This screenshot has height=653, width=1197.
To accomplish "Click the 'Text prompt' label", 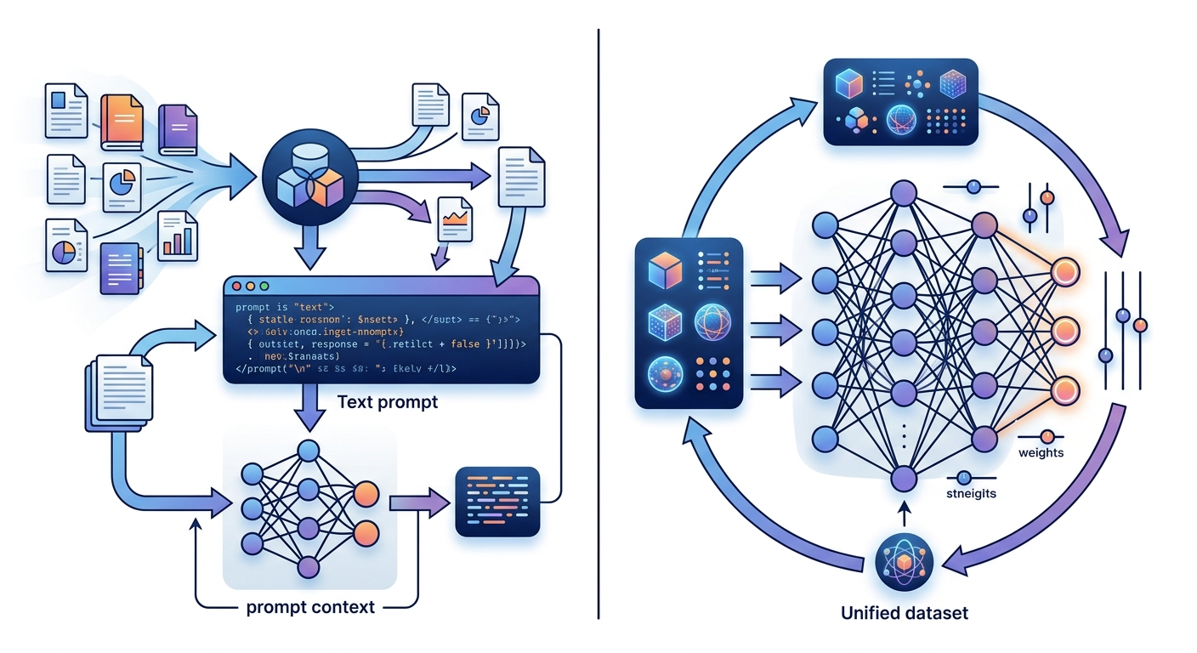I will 387,401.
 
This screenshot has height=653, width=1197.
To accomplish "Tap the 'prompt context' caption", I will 310,607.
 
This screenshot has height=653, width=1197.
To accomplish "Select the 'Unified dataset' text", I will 904,612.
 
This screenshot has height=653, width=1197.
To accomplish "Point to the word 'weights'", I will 1041,452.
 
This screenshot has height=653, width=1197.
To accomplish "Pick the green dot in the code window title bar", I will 264,287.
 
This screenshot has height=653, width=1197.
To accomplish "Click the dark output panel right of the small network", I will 497,502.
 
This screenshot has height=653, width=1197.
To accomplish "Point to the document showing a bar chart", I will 178,236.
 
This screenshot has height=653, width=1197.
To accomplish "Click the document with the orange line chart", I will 455,221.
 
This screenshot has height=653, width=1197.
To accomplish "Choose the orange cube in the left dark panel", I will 666,271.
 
